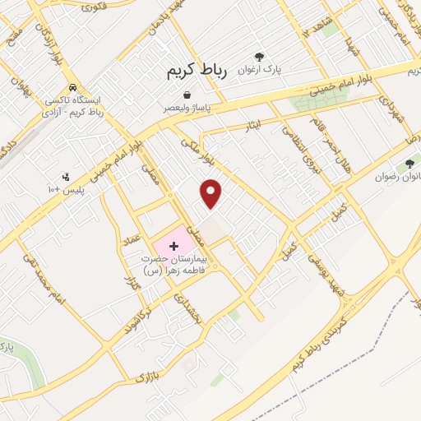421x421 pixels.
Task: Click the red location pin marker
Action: pos(211,193)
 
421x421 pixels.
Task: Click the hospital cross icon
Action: pos(173,246)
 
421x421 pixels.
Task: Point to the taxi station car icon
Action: pos(74,87)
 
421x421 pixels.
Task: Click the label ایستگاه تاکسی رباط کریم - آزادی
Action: pos(76,105)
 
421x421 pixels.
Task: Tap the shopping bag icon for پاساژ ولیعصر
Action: pos(188,95)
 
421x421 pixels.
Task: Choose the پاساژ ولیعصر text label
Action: pos(189,108)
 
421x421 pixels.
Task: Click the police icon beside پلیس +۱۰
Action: pos(66,176)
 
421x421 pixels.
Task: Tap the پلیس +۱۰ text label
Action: pos(67,189)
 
